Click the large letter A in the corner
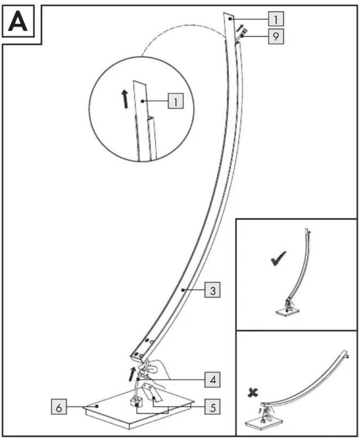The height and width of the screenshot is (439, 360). point(18,22)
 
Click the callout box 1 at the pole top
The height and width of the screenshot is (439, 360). point(276,19)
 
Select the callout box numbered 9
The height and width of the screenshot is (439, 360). point(276,36)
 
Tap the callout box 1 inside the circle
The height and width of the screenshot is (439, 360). point(176,101)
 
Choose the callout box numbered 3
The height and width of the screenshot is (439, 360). point(213,290)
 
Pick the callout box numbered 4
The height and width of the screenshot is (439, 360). point(213,380)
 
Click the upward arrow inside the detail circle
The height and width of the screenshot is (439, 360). point(125,99)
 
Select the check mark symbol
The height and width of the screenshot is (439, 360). point(278,258)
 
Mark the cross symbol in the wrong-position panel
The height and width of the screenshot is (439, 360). point(253,393)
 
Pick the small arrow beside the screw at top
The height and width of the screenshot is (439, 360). point(240,28)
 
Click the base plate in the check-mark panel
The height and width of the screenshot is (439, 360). point(287,311)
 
